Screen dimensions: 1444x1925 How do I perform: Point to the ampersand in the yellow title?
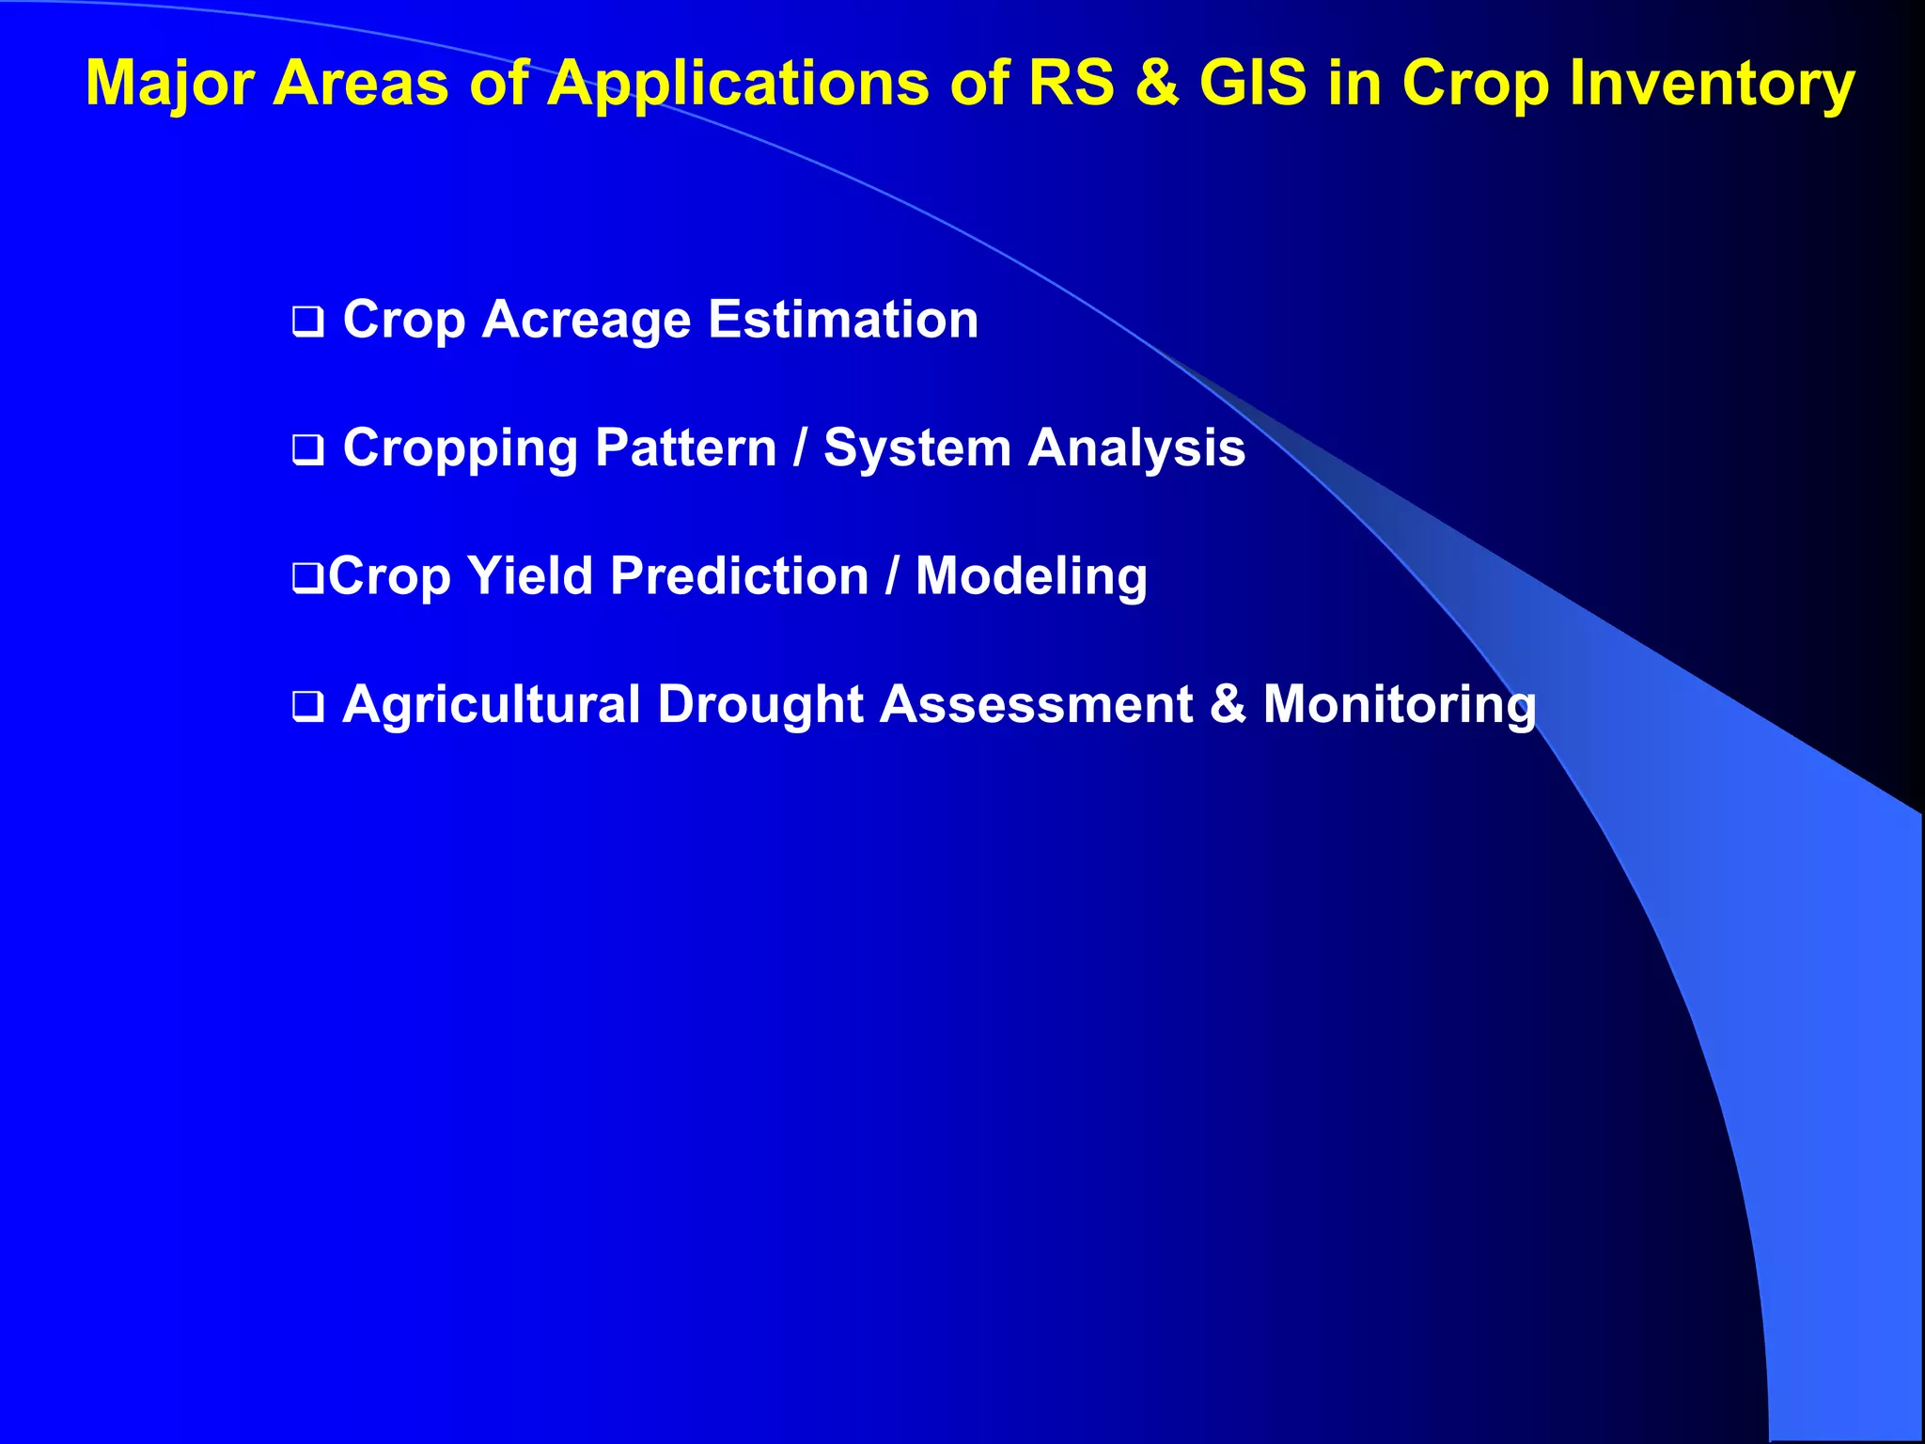coord(1156,83)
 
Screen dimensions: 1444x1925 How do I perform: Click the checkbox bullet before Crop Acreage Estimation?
coord(307,322)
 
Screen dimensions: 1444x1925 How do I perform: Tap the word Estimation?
coord(843,320)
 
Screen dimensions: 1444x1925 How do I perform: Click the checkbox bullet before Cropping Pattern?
coord(307,450)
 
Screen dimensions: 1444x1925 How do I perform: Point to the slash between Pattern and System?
coord(800,447)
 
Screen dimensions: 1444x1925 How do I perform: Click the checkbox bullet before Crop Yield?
coord(307,579)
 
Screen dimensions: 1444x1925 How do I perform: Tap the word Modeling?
coord(1031,577)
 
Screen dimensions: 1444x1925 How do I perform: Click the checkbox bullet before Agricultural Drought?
coord(307,707)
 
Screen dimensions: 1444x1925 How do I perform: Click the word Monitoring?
coord(1399,705)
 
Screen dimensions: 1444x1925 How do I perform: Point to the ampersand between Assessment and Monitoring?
coord(1228,704)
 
